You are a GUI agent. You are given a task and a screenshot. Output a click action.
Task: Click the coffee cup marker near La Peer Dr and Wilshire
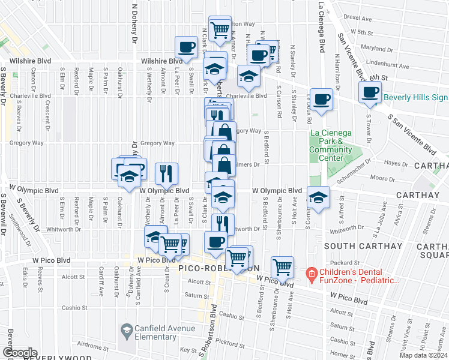(x=186, y=47)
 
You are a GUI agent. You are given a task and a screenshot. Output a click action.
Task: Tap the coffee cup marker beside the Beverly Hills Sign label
(x=370, y=92)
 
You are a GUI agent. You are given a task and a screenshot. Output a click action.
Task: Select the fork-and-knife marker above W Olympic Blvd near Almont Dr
(x=166, y=173)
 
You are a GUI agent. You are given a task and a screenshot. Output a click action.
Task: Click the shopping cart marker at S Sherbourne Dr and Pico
(x=282, y=266)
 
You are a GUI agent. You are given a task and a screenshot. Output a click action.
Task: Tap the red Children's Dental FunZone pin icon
(x=311, y=275)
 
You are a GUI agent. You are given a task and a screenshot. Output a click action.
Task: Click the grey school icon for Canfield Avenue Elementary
(x=127, y=330)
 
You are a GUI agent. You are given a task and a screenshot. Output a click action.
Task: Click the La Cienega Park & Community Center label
(x=330, y=146)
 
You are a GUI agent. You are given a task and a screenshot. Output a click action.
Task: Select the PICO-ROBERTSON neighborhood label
(x=219, y=268)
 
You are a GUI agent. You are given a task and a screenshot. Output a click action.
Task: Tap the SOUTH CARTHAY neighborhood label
(x=354, y=246)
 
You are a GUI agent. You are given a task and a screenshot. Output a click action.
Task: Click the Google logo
(x=19, y=353)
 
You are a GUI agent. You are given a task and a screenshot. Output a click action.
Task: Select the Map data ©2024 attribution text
(x=423, y=355)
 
